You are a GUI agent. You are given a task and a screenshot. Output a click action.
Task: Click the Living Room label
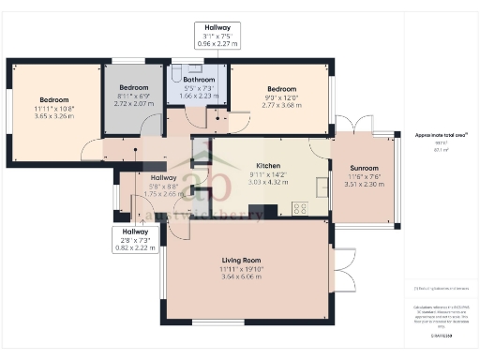pos(242,260)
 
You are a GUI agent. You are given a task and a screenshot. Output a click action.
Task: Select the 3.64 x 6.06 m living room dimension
pos(242,277)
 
